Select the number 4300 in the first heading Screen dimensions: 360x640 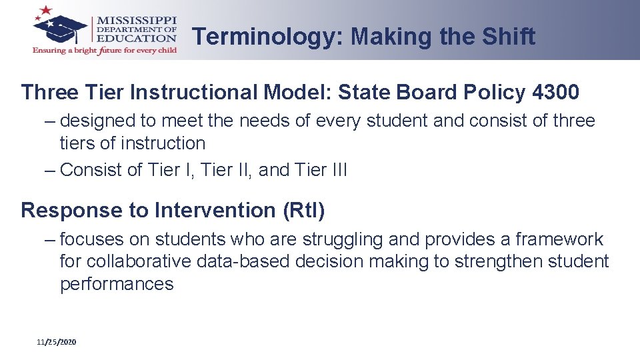click(556, 93)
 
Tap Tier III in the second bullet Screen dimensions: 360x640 click(321, 170)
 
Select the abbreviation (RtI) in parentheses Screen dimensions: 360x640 click(304, 211)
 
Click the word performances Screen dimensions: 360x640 click(117, 284)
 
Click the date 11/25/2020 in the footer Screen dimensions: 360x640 click(57, 342)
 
